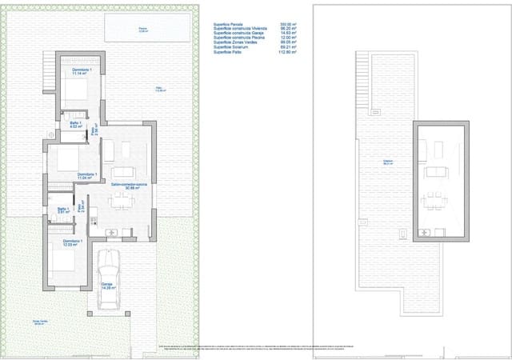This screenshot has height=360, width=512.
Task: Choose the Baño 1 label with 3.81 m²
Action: point(63,213)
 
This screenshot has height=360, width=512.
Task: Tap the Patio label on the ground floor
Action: point(160,89)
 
